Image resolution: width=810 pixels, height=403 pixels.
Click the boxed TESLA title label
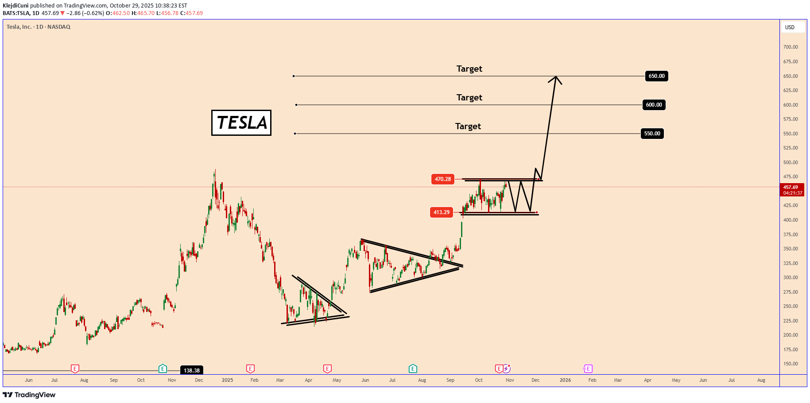click(x=241, y=123)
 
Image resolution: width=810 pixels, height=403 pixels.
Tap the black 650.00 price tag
click(x=656, y=76)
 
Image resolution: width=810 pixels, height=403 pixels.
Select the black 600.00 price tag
click(x=654, y=105)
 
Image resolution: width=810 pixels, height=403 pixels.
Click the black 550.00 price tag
click(x=652, y=134)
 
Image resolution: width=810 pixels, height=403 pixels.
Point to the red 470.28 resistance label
click(x=442, y=179)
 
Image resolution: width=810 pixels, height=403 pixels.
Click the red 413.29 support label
click(x=441, y=212)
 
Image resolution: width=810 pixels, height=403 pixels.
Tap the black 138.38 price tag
click(x=191, y=370)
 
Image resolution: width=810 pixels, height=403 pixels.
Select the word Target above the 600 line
click(x=469, y=97)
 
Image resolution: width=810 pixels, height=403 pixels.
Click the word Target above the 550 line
click(x=468, y=126)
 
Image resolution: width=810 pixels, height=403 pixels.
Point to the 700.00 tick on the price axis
click(x=790, y=47)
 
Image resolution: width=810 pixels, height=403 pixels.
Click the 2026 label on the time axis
click(x=565, y=380)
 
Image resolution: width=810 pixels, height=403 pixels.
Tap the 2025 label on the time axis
click(x=227, y=380)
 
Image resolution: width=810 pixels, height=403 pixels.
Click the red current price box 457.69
click(x=791, y=190)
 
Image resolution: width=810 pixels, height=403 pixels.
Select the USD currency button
click(x=790, y=27)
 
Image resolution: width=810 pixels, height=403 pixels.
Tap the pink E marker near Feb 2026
click(x=588, y=368)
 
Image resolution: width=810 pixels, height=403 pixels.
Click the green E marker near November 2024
click(x=163, y=368)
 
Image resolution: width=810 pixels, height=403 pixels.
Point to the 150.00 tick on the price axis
click(x=790, y=364)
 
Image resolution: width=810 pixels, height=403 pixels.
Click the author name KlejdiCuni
click(x=16, y=6)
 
